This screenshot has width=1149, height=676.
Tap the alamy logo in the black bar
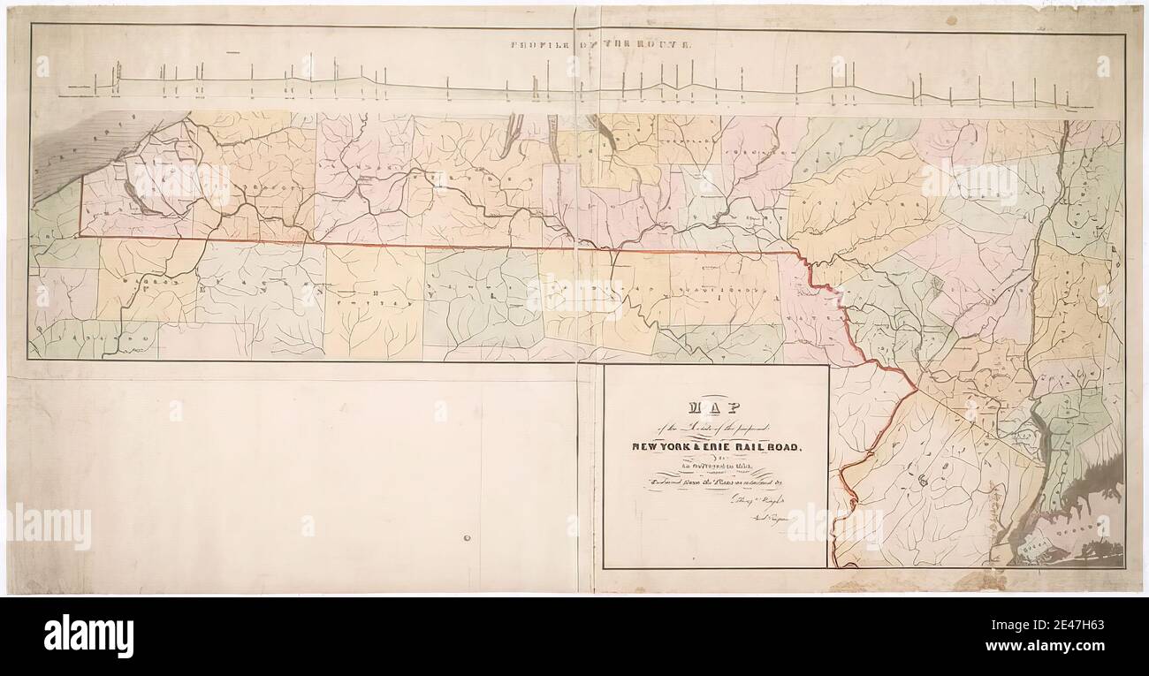(88, 635)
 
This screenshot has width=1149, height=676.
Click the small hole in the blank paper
(466, 537)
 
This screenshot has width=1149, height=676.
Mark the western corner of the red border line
(80, 236)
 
